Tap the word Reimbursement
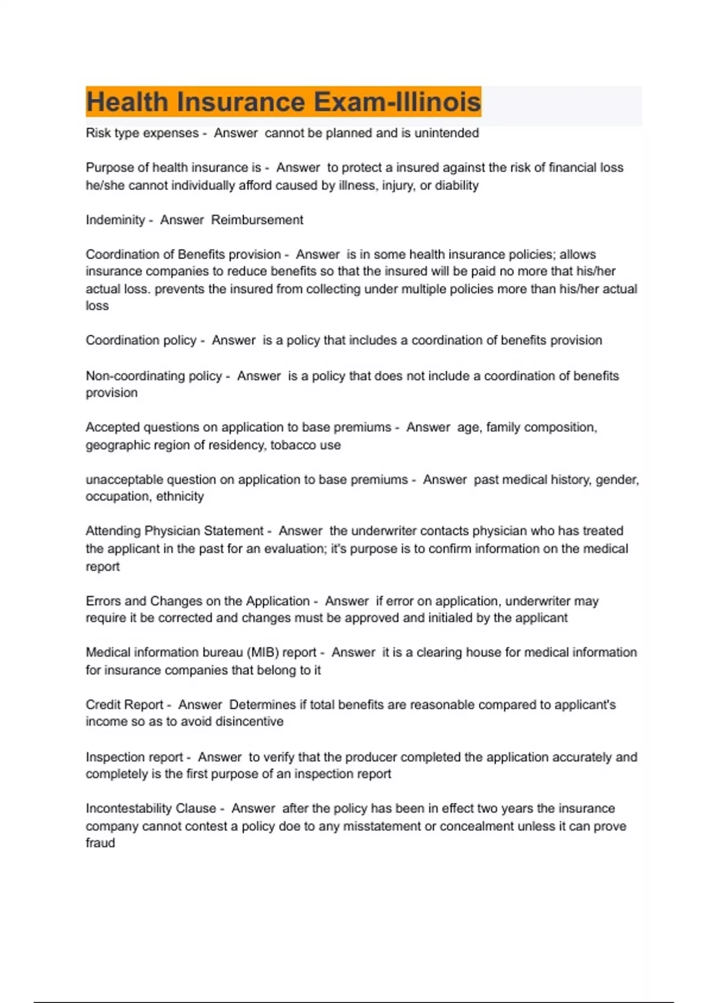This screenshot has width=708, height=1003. click(x=257, y=220)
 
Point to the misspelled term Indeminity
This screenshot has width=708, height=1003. click(x=115, y=220)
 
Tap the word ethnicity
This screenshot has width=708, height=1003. click(x=180, y=497)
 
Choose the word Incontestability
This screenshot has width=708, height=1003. click(x=150, y=809)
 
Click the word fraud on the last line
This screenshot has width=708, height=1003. click(x=100, y=843)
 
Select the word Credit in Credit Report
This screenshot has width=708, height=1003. click(x=103, y=705)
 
